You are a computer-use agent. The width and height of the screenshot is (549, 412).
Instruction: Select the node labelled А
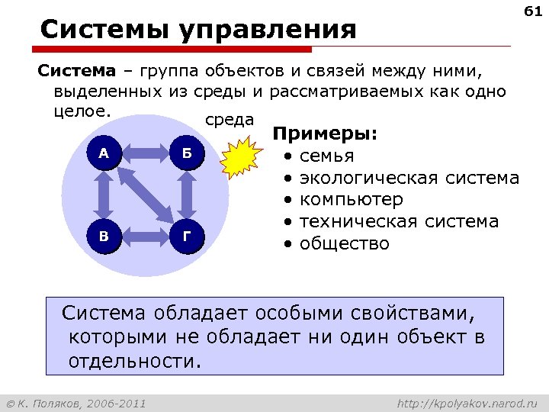[104, 153]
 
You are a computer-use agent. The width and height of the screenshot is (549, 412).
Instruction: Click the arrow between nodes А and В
[104, 194]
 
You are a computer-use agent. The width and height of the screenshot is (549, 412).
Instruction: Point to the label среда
[230, 120]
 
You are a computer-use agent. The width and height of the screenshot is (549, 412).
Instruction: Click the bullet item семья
[326, 156]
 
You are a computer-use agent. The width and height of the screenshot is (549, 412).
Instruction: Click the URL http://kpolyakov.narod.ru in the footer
[468, 402]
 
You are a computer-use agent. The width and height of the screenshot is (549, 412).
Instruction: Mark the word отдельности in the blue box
[132, 359]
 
